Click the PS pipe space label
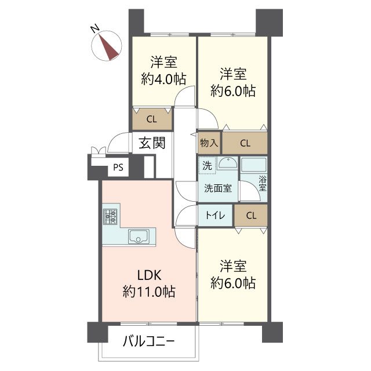point(118,168)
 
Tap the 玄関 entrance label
point(152,143)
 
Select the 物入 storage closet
point(209,143)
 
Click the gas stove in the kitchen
point(110,216)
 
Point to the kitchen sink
point(139,237)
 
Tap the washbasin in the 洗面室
point(227,163)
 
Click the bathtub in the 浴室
point(253,165)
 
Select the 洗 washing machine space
point(207,165)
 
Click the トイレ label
point(215,215)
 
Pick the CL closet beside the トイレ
point(251,215)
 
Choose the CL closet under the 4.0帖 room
point(152,119)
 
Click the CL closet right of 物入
point(245,143)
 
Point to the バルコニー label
point(149,341)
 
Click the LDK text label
point(150,275)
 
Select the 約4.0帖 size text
point(163,79)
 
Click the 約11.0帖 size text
point(149,291)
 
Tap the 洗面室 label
point(218,188)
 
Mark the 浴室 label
point(263,183)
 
